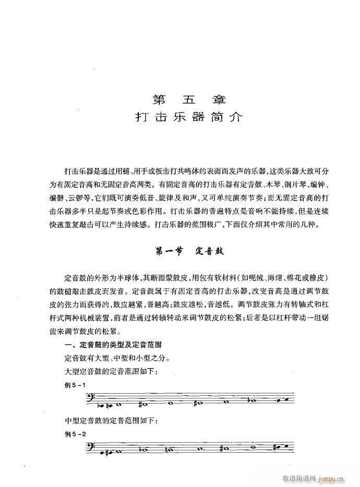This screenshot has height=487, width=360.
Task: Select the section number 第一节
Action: [x=169, y=250]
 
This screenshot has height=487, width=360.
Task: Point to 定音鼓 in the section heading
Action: [x=210, y=250]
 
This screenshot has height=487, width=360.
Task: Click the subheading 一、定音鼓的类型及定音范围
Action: [x=107, y=345]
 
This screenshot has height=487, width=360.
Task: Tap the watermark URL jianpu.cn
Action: [x=334, y=478]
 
